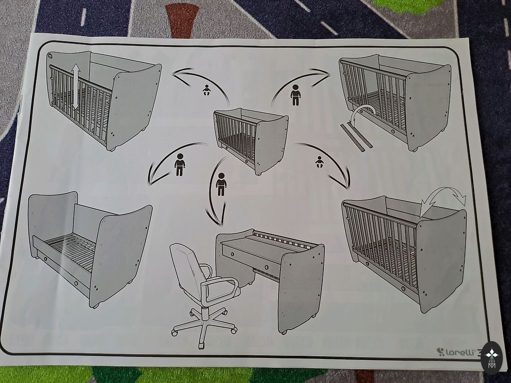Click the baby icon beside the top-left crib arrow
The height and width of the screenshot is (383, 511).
206,90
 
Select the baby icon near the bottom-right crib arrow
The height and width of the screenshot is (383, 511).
319,162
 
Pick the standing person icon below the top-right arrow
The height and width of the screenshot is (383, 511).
295,95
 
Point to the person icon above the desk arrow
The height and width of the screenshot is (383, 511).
221,185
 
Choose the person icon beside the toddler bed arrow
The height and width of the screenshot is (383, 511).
180,165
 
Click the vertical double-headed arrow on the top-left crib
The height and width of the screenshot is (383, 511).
76,86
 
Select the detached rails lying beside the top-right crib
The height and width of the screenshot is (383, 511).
356,137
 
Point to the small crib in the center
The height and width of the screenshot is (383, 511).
251,141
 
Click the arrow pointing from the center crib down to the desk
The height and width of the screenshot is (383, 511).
216,192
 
